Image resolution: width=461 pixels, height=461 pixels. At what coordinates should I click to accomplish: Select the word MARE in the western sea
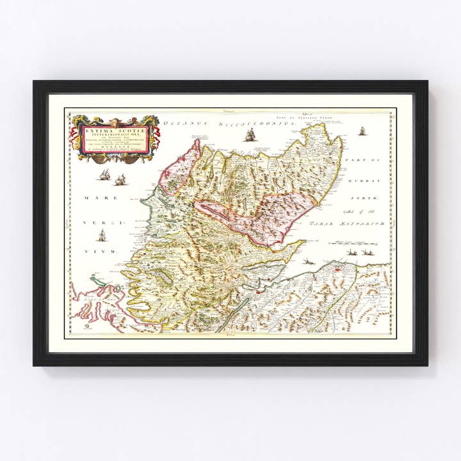93,198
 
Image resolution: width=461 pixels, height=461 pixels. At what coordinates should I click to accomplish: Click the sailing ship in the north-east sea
362,131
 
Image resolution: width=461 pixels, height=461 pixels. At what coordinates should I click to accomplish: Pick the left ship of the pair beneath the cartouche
105,174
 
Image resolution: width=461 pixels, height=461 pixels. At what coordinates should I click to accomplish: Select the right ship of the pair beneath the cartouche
120,180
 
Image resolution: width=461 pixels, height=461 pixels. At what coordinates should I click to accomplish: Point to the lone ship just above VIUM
101,234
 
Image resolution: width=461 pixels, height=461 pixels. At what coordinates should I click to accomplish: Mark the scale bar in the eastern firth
349,243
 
